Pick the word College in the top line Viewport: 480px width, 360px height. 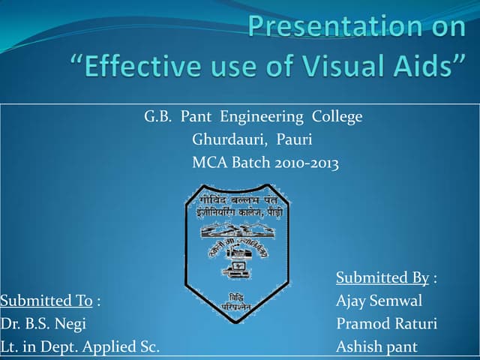click(335, 117)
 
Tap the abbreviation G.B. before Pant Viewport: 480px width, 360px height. click(158, 117)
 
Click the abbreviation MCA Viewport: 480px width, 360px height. click(210, 162)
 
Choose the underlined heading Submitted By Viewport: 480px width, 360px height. click(382, 278)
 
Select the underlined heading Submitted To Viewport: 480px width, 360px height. click(46, 301)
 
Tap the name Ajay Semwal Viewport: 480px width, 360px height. click(379, 301)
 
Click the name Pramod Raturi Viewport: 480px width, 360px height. click(386, 324)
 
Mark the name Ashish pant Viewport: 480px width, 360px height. click(376, 347)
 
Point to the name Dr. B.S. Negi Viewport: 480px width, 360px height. click(43, 324)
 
